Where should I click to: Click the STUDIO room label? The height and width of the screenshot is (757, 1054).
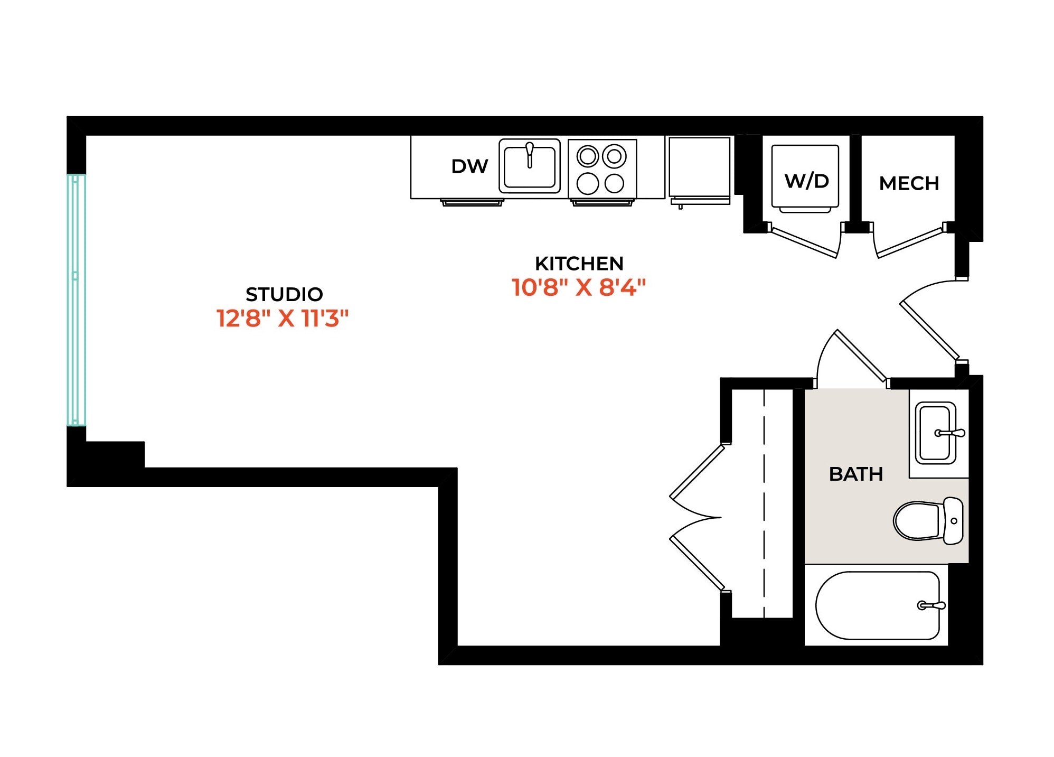pos(284,294)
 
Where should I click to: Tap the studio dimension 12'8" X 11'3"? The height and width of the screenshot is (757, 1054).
pos(283,319)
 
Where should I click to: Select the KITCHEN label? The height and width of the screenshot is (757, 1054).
pos(579,264)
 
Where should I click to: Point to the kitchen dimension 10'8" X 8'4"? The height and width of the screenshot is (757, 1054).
pos(579,288)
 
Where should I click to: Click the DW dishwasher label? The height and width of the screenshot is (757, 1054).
pos(469,166)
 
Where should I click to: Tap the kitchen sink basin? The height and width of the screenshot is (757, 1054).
pos(530,166)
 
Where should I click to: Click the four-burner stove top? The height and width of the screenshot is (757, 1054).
pos(602,170)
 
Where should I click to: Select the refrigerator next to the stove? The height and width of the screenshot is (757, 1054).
pos(700,170)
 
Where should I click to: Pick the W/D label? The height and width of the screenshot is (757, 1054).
pos(806,181)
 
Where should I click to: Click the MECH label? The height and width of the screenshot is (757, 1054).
pos(909,184)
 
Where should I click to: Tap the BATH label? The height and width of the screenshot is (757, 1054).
pos(856,474)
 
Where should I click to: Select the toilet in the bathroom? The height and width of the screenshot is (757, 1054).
pos(928,521)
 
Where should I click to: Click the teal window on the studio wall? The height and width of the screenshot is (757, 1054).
pos(76,300)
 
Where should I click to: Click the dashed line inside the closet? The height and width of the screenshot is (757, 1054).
pos(764,503)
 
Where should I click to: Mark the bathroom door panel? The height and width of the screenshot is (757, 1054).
pos(861,355)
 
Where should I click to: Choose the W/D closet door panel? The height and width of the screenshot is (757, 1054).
pos(804,242)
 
